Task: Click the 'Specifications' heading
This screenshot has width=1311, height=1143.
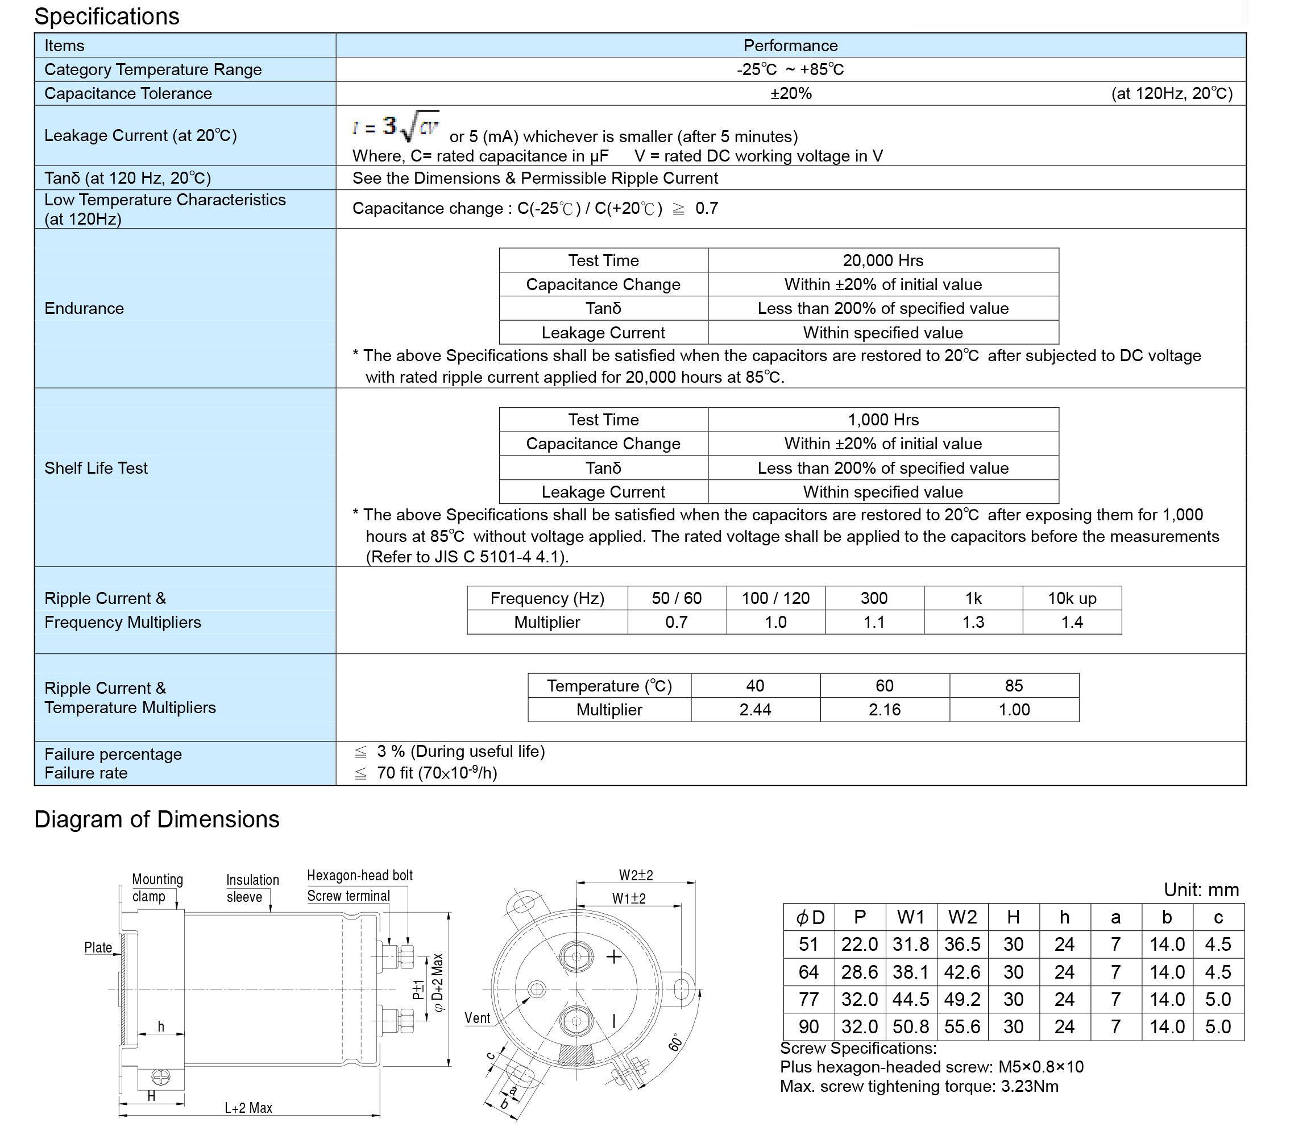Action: tap(106, 16)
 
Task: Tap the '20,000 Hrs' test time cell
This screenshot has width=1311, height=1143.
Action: tap(882, 260)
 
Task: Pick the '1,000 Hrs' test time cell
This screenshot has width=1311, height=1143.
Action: tap(882, 420)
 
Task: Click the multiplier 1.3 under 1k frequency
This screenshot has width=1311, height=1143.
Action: tap(973, 622)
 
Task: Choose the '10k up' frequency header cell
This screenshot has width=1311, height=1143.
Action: tap(1072, 598)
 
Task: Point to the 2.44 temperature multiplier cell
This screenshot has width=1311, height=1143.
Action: tap(755, 709)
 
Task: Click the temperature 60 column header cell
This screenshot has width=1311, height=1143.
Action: tap(885, 686)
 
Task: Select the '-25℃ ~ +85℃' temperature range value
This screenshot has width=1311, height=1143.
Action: tap(790, 69)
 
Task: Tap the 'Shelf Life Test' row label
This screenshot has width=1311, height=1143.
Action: tap(96, 468)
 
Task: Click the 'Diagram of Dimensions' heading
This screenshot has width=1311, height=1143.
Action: tap(157, 819)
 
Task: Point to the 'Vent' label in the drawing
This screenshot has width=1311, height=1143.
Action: tap(477, 1018)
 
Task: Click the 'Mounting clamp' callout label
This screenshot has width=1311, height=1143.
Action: tap(157, 888)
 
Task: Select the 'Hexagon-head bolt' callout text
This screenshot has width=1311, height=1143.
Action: tap(360, 875)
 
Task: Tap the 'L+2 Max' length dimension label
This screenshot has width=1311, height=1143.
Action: tap(248, 1108)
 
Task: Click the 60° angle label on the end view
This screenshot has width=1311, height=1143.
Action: tap(676, 1042)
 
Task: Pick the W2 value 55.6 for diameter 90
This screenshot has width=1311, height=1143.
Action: tap(962, 1027)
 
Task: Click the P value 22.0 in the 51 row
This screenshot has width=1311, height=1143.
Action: tap(859, 944)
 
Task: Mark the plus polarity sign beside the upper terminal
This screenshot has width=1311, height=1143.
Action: tap(613, 956)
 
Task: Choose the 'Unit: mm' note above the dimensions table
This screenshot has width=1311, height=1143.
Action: tap(1201, 890)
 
